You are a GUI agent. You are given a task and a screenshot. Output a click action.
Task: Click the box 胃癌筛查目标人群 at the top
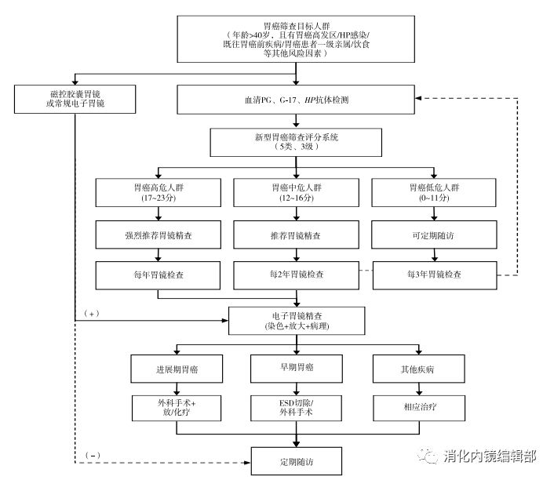tap(297, 39)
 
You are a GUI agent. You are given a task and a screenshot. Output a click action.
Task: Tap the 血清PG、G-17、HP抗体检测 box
tap(295, 100)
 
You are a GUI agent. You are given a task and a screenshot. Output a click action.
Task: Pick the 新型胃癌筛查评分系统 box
tap(295, 142)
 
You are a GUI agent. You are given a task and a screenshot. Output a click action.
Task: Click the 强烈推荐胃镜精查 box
tap(158, 235)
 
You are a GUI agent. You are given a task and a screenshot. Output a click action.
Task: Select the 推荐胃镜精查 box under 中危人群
tap(296, 235)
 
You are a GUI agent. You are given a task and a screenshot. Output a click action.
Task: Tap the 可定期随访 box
tap(435, 235)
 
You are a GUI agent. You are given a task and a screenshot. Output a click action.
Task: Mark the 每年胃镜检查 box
tap(158, 276)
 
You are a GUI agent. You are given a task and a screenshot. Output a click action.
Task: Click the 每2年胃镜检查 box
tap(296, 276)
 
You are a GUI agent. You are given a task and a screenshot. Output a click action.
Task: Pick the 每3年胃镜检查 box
tap(435, 276)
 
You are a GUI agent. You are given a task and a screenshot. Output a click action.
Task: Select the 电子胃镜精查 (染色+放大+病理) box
tap(296, 320)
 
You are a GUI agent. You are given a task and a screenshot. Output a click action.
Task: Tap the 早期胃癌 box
tap(296, 368)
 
